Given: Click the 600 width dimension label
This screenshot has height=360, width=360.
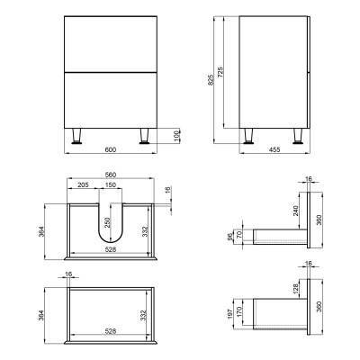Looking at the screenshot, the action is (111, 149).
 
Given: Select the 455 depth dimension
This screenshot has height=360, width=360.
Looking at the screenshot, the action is (274, 149).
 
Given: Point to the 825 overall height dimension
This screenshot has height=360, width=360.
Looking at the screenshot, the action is (211, 79).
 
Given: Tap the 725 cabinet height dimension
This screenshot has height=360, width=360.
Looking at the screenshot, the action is (220, 72).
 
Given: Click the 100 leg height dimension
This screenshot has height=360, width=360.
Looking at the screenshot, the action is (176, 136).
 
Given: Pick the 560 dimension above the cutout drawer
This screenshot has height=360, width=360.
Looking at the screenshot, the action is (111, 175).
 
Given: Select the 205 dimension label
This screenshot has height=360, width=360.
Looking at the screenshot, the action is (83, 184).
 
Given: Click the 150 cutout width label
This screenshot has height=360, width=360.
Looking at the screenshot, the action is (111, 184).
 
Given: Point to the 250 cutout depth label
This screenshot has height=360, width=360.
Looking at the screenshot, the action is (108, 222).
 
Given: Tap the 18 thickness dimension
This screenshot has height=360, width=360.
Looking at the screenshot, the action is (168, 190).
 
